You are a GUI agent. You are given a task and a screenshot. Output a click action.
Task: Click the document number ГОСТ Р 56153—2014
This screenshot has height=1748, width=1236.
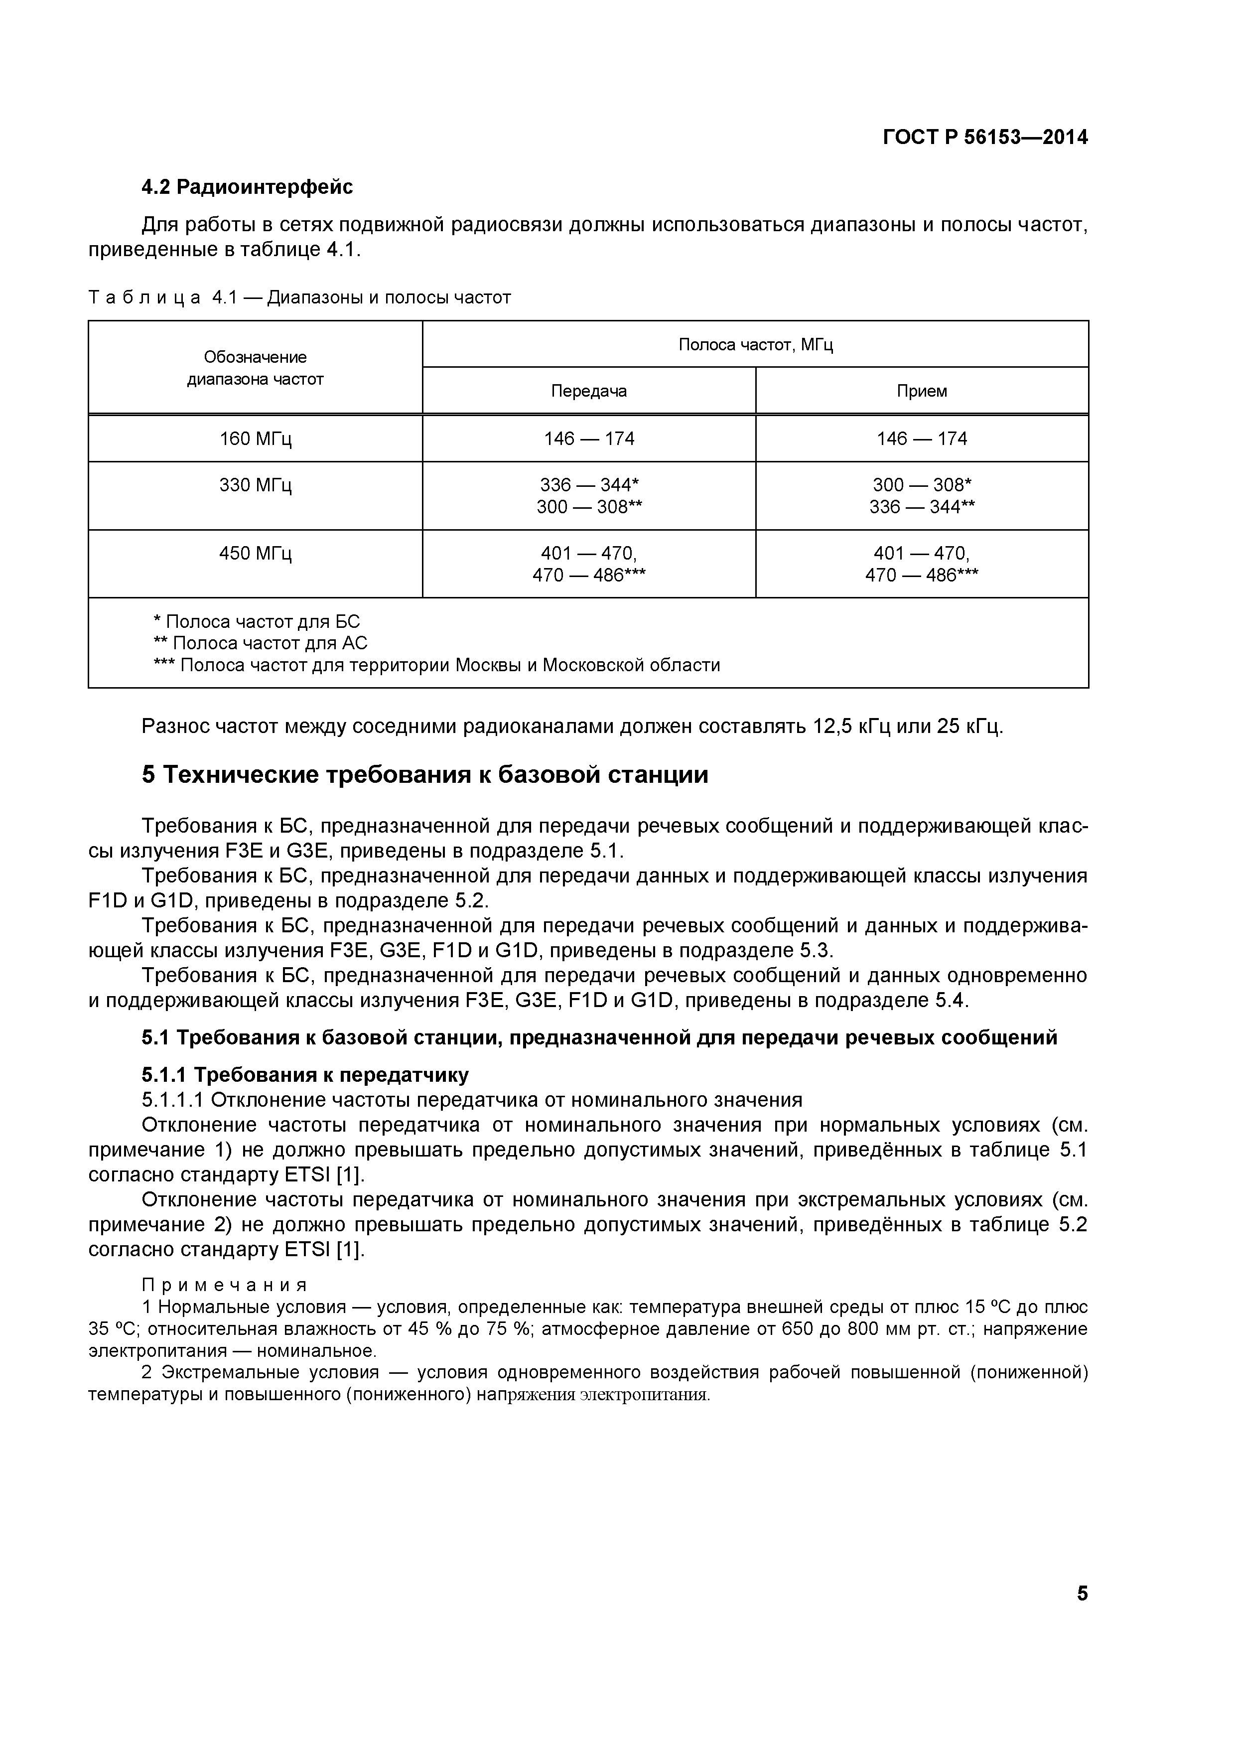click(985, 137)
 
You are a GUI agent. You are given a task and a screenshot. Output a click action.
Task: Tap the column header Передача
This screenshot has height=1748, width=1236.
click(588, 391)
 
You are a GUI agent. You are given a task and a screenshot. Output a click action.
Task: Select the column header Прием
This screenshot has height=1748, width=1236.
click(922, 391)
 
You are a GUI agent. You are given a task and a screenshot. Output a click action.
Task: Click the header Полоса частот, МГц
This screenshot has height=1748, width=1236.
click(755, 345)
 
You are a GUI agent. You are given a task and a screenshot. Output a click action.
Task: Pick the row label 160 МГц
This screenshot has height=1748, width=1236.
click(255, 439)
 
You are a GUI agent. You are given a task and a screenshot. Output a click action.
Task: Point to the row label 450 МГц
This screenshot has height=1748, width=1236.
click(255, 554)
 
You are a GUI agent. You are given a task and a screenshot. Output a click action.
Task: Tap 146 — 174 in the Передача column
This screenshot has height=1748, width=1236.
click(588, 439)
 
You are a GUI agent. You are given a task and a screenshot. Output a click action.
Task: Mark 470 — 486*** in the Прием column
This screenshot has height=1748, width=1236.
click(922, 576)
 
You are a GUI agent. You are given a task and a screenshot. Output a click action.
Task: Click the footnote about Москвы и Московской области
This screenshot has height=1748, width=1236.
click(437, 665)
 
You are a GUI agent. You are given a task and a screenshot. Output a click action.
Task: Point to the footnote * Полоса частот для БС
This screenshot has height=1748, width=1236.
click(257, 621)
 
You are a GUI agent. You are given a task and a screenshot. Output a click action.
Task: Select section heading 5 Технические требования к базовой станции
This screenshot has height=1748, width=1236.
click(424, 775)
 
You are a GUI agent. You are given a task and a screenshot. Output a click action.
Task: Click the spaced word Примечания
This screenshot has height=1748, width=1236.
click(225, 1285)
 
